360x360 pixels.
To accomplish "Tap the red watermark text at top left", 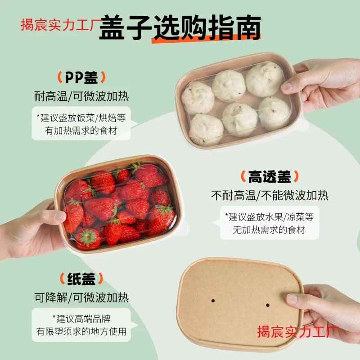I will click(58, 24).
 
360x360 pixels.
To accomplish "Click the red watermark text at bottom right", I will click(297, 332).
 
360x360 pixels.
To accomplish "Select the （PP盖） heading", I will click(81, 78).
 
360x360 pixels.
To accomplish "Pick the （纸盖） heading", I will click(81, 279).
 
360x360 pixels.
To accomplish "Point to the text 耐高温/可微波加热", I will click(81, 96).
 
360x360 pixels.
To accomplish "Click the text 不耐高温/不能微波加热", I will click(270, 196).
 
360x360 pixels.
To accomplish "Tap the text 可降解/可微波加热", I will click(81, 297).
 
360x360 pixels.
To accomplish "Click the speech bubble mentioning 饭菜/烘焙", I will click(81, 124).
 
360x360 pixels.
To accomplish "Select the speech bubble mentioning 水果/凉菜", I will click(269, 223).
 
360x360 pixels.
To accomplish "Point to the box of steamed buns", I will click(236, 103).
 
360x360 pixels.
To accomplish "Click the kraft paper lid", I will click(238, 306).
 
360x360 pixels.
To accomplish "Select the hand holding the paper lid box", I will click(324, 310).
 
